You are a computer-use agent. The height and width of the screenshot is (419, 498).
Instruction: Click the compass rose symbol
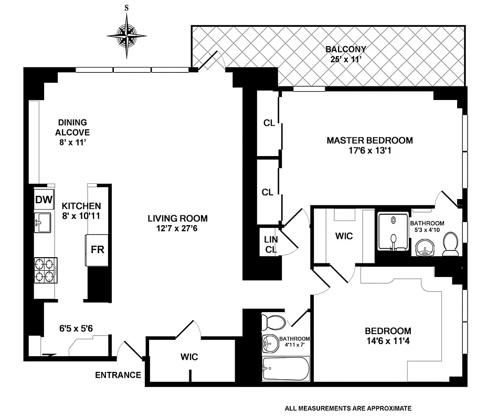[x=126, y=36]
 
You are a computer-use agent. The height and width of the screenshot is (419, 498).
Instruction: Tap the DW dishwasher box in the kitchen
[x=44, y=199]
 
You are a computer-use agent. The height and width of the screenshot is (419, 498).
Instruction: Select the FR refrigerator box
[x=98, y=249]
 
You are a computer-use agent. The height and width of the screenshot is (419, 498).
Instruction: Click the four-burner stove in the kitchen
[x=46, y=270]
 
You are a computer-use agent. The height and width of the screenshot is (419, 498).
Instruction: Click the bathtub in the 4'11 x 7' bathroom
[x=286, y=370]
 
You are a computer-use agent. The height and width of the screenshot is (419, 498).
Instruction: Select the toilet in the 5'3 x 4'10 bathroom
[x=450, y=244]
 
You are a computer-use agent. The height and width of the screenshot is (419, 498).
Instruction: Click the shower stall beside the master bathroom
[x=393, y=231]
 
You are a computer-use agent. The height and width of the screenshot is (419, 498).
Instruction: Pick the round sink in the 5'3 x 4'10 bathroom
[x=426, y=247]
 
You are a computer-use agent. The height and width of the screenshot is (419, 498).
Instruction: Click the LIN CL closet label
[x=270, y=244]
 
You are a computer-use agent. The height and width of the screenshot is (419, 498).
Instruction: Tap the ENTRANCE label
[x=118, y=375]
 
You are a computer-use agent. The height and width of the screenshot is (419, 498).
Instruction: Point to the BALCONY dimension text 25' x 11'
[x=345, y=59]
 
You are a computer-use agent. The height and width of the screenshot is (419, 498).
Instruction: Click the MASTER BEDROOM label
[x=369, y=140]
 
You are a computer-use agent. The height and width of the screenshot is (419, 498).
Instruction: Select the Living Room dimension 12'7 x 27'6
[x=177, y=228]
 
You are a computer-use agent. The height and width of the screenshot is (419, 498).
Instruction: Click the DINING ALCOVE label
[x=72, y=127]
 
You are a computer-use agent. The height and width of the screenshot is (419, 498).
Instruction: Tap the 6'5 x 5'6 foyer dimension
[x=76, y=329]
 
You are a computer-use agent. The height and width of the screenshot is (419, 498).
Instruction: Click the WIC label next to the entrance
[x=189, y=357]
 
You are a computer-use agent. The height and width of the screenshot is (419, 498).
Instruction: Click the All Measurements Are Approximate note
[x=348, y=408]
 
